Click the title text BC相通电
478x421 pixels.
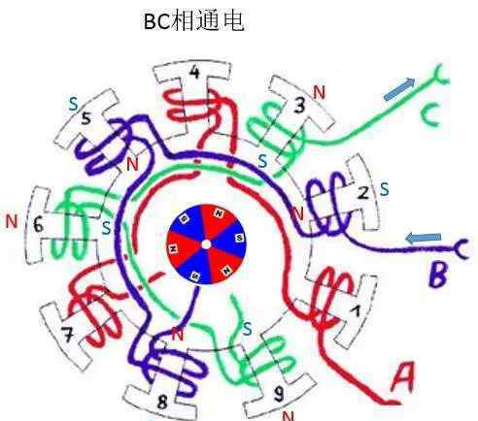193,21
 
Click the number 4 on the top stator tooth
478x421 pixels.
194,73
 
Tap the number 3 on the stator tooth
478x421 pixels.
299,105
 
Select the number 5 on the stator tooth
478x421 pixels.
85,119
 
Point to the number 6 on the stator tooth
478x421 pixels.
38,224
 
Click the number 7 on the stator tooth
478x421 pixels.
67,335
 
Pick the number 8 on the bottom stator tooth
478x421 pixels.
162,402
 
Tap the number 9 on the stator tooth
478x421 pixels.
278,394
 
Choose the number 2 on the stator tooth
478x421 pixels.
363,193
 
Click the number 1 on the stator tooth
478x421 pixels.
356,311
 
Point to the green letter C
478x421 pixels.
431,115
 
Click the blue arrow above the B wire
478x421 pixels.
424,238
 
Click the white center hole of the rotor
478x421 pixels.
206,244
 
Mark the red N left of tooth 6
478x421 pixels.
12,221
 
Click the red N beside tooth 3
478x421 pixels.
319,92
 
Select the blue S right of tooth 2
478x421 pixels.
385,189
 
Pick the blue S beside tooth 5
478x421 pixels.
74,104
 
